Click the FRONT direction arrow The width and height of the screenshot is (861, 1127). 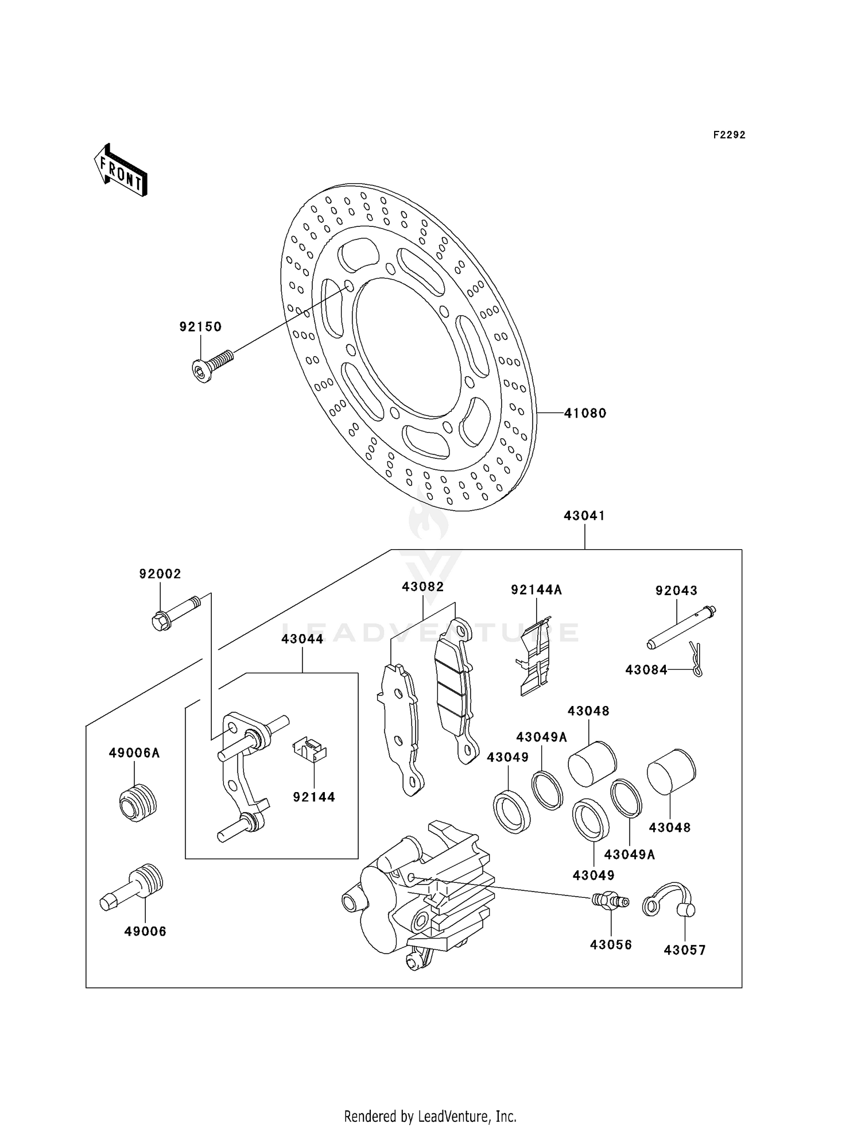pyautogui.click(x=121, y=171)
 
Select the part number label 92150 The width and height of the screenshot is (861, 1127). pyautogui.click(x=200, y=327)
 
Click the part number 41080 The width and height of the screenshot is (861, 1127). pyautogui.click(x=585, y=413)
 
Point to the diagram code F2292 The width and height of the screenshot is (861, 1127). pyautogui.click(x=729, y=135)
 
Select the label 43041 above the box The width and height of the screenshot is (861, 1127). pyautogui.click(x=584, y=516)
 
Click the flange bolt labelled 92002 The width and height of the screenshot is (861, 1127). pyautogui.click(x=175, y=613)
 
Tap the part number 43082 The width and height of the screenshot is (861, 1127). pyautogui.click(x=423, y=586)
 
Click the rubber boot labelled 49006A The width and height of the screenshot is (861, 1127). pyautogui.click(x=137, y=802)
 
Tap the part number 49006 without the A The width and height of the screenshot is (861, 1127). pyautogui.click(x=145, y=931)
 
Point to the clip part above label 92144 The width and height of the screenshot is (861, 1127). pyautogui.click(x=310, y=749)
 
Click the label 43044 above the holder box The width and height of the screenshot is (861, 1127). pyautogui.click(x=302, y=639)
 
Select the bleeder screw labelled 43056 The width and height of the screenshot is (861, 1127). pyautogui.click(x=610, y=900)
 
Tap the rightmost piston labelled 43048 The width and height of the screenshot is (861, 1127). pyautogui.click(x=671, y=771)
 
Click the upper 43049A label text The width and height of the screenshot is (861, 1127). pyautogui.click(x=541, y=737)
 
